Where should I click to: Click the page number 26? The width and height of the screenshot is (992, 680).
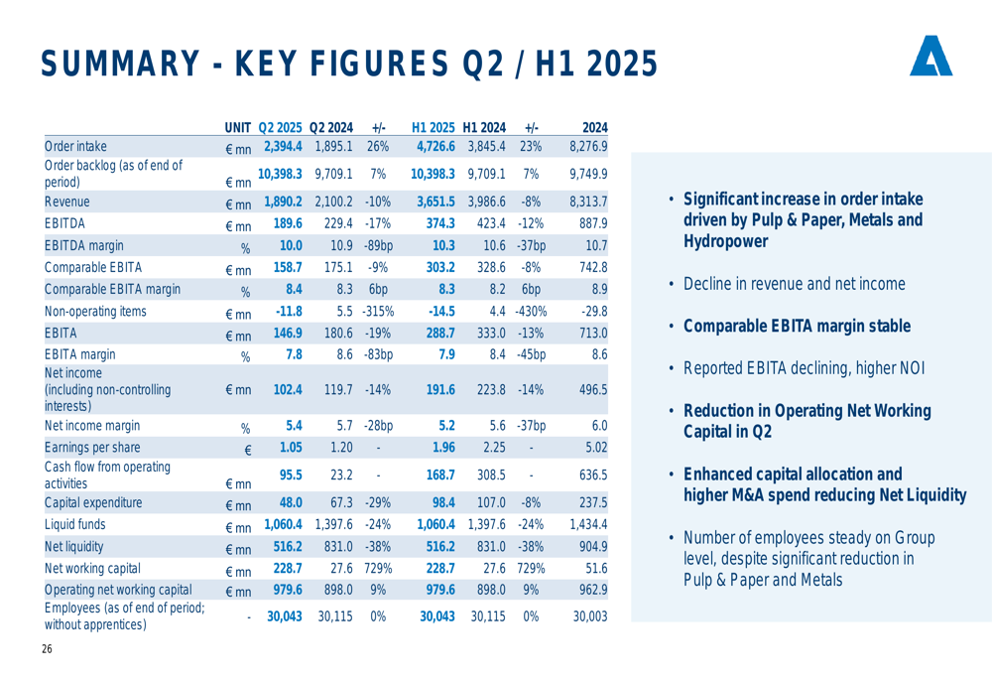(47, 650)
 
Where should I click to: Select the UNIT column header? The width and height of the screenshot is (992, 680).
(238, 128)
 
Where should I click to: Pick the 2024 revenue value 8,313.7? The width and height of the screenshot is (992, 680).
(587, 201)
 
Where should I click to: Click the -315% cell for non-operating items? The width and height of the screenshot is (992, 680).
(377, 312)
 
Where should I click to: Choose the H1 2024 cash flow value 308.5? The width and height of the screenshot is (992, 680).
(487, 475)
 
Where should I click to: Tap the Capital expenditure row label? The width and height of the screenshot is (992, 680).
(93, 502)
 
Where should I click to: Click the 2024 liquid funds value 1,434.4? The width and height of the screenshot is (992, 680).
(587, 524)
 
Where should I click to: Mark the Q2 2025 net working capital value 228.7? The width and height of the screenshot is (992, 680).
(285, 568)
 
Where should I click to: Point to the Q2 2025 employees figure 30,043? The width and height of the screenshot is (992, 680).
(285, 615)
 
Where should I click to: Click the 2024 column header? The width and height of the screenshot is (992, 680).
(594, 128)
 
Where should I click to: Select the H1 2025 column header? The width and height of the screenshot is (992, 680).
(434, 128)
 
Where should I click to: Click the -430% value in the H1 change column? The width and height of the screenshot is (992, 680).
(532, 312)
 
